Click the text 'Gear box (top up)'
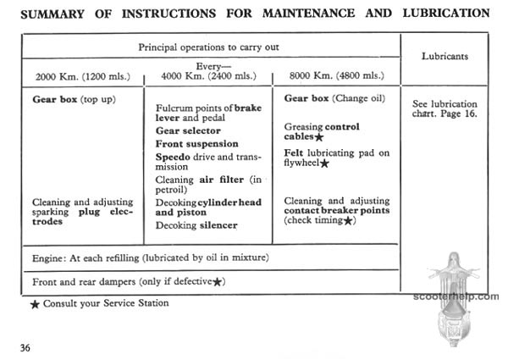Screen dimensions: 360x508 coord(74,99)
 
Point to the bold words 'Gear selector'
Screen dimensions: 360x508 coord(188,131)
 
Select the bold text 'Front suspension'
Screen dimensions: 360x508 coord(197,144)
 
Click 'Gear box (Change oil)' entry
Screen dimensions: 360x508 coord(334,98)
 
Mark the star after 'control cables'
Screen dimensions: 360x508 coord(319,136)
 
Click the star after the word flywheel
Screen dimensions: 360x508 coord(324,163)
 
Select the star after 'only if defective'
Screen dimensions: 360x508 coord(218,280)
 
